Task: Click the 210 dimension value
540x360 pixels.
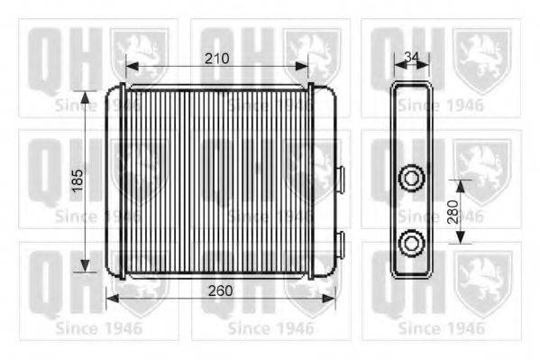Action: click(x=217, y=59)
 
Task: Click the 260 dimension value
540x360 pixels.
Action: click(x=220, y=291)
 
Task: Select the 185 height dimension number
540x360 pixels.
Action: click(x=78, y=180)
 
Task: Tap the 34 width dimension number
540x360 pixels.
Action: click(x=411, y=57)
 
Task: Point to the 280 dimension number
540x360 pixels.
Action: click(x=453, y=212)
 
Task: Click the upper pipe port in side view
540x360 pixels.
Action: click(x=411, y=178)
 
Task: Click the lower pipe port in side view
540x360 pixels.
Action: click(x=411, y=243)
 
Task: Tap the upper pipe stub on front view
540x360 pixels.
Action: click(x=340, y=179)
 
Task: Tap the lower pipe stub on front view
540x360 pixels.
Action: click(x=340, y=244)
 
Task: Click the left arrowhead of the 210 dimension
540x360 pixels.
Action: click(x=133, y=66)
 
